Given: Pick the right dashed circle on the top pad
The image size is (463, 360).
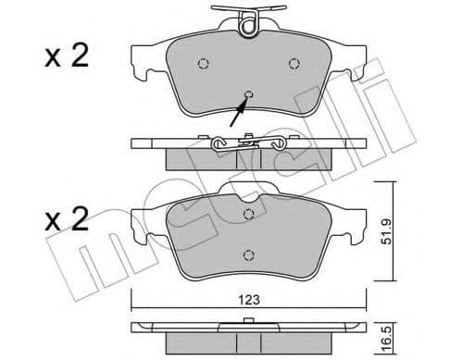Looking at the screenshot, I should pos(294,63).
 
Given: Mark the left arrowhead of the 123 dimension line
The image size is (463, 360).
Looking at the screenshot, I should pos(135,308).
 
